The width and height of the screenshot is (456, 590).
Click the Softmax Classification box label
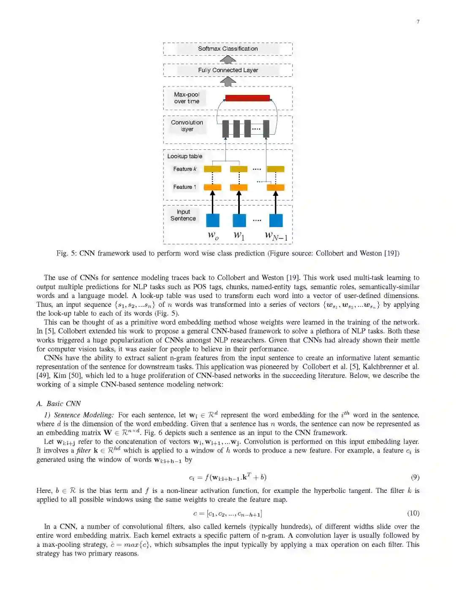[x=228, y=49]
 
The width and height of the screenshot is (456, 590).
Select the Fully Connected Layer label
[x=228, y=70]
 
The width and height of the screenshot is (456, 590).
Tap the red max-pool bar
[x=247, y=98]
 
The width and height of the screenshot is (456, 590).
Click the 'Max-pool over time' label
[x=187, y=98]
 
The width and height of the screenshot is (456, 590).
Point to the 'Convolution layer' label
[x=187, y=126]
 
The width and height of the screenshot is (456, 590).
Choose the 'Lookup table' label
[x=185, y=156]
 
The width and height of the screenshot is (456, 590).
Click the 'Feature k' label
[x=185, y=169]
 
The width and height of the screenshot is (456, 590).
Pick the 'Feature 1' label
[x=185, y=187]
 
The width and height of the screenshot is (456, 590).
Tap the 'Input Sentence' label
[x=183, y=215]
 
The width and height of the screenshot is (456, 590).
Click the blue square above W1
[x=239, y=220]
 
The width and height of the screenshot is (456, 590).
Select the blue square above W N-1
[x=276, y=220]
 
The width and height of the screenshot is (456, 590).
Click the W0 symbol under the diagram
[x=213, y=235]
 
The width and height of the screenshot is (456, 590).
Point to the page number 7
[x=418, y=22]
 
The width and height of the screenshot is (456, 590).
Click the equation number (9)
[x=415, y=477]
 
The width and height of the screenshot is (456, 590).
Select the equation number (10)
[x=413, y=513]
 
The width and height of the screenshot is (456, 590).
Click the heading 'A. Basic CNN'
[x=58, y=403]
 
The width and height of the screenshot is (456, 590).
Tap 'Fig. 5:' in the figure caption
[x=67, y=253]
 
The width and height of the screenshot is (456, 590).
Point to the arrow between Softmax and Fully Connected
[x=228, y=60]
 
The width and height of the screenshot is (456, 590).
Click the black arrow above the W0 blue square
[x=213, y=202]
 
